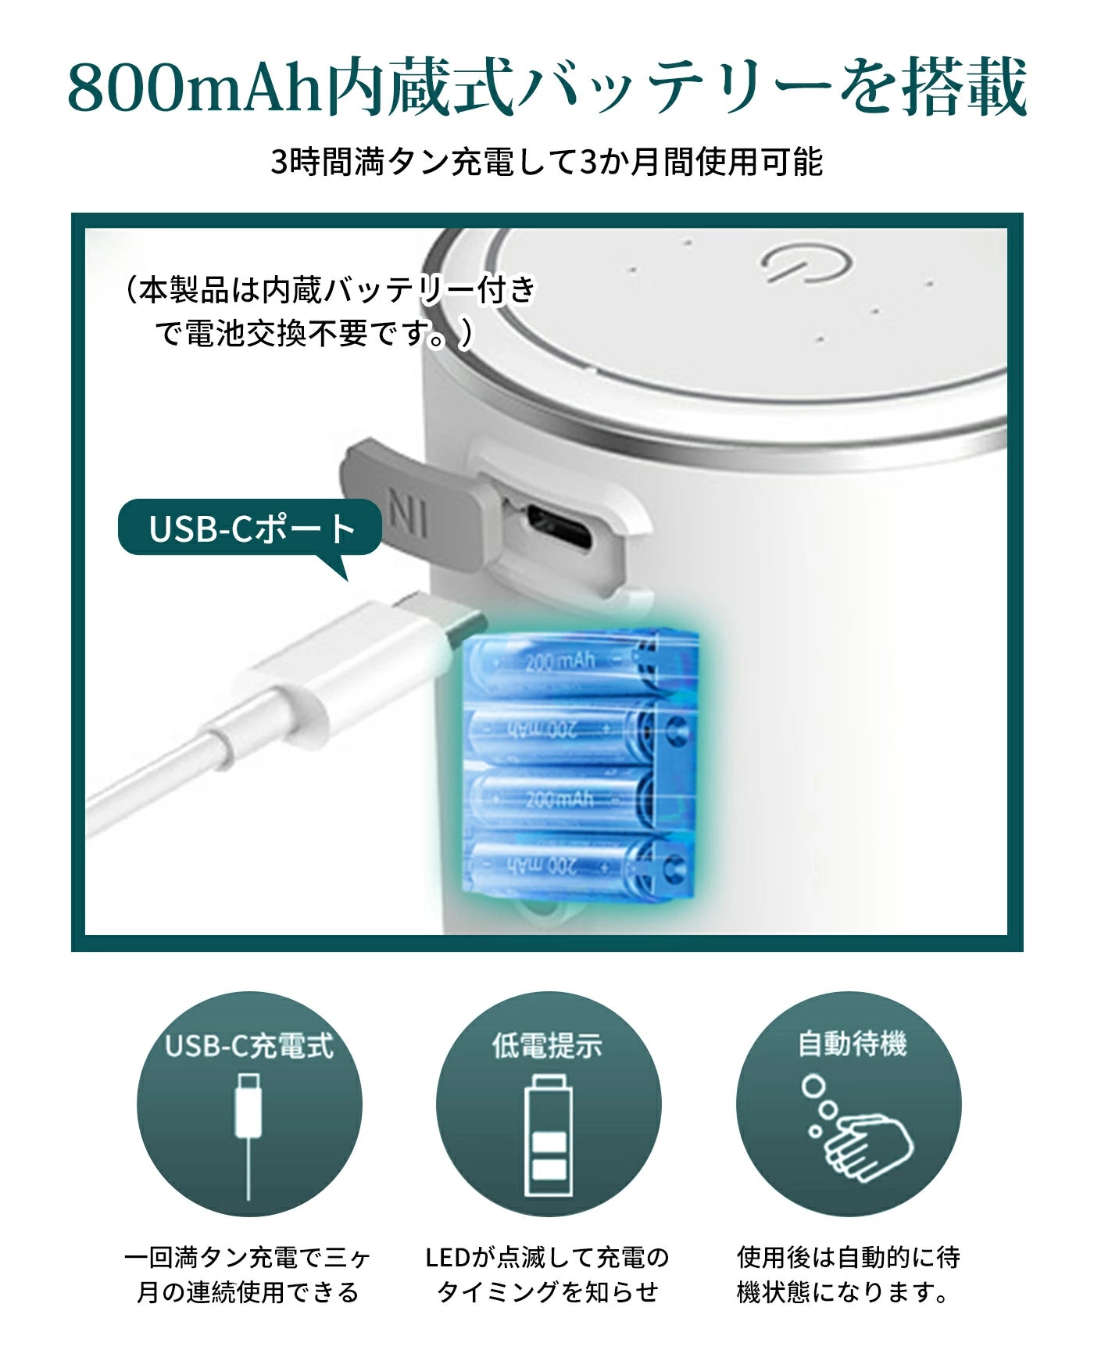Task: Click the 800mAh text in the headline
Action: click(195, 88)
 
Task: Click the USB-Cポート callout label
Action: click(250, 528)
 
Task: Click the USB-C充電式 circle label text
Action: click(249, 1046)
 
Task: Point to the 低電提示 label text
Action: click(547, 1046)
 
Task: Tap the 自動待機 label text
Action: click(852, 1044)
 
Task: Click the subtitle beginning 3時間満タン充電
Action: click(546, 163)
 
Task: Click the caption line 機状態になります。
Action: click(843, 1292)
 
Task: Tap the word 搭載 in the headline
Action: click(965, 88)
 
